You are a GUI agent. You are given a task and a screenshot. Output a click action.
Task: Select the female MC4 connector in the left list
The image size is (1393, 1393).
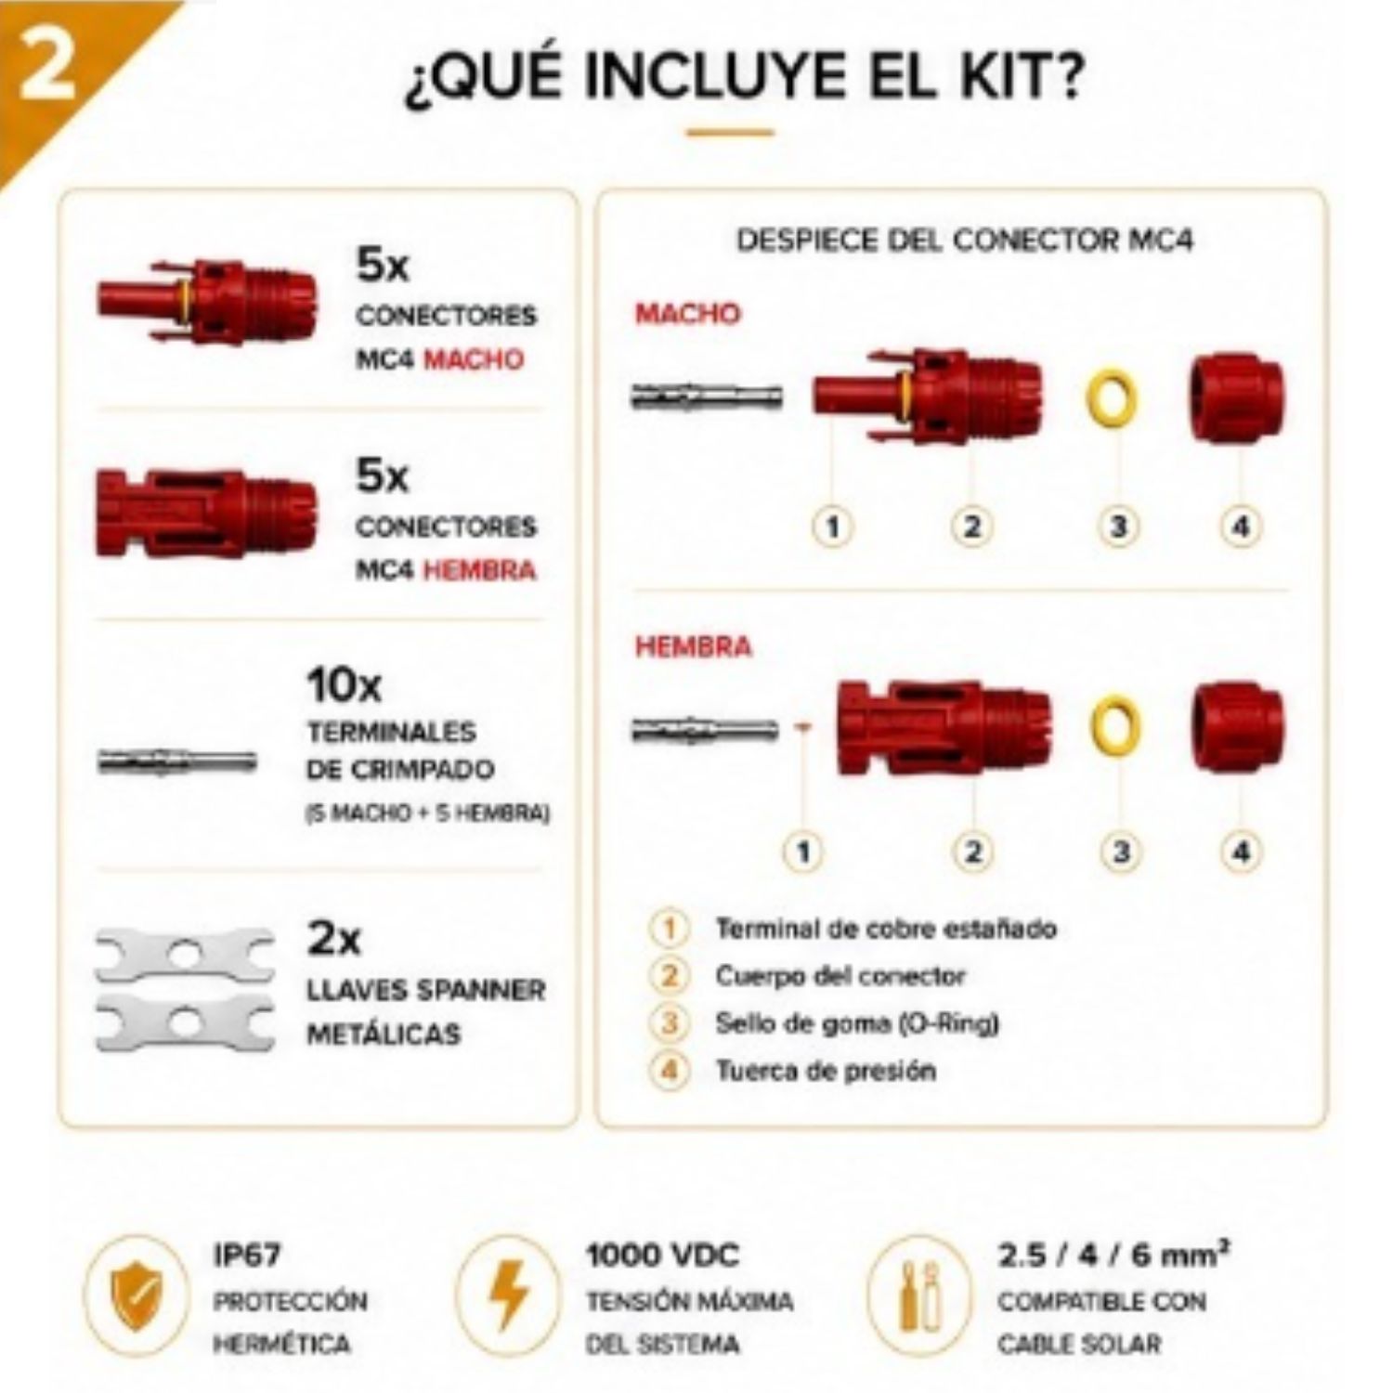pos(206,514)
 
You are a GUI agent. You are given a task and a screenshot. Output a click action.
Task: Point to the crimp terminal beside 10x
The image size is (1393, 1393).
pos(176,762)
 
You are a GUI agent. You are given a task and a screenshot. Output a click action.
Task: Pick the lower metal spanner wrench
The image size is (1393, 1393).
pos(185,1022)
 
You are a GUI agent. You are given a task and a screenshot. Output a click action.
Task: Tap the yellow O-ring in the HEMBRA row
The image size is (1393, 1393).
pos(1115,726)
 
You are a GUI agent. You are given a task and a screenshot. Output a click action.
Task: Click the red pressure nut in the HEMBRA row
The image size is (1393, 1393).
pos(1239,727)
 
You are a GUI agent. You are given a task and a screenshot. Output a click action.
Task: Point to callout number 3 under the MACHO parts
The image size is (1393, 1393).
pos(1118,527)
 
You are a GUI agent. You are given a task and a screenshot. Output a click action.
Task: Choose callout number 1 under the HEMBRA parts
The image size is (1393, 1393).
pos(804,852)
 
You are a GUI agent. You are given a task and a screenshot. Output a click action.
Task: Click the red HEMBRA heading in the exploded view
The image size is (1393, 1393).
pos(693,646)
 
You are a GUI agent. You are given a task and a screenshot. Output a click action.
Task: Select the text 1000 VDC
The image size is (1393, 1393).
pos(662,1256)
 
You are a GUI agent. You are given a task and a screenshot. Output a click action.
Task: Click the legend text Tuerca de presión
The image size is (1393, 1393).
pos(826,1071)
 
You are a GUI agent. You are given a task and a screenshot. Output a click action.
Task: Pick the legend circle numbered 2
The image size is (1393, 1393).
pos(669,976)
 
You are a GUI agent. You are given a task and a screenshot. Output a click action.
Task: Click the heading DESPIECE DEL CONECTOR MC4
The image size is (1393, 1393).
pos(965,241)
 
